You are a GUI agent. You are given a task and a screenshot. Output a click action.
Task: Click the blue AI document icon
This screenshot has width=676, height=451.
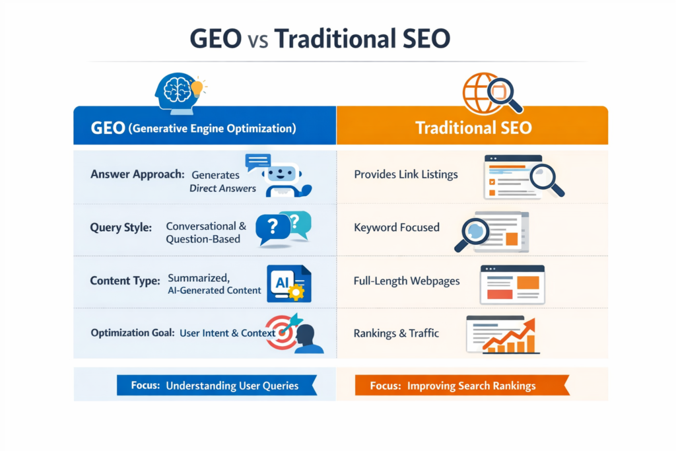288,283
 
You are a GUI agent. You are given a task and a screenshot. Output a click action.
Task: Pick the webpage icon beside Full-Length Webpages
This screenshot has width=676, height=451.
512,284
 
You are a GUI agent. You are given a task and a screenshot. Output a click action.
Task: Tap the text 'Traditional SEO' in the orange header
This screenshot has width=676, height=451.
473,127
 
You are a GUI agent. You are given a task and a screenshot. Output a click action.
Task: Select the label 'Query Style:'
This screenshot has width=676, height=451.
121,227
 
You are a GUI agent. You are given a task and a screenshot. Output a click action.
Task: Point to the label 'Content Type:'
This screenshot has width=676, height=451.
125,281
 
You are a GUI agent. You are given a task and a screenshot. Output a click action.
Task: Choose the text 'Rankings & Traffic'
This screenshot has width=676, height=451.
395,333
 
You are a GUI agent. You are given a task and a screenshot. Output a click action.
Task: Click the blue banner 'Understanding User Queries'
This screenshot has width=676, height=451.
217,385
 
